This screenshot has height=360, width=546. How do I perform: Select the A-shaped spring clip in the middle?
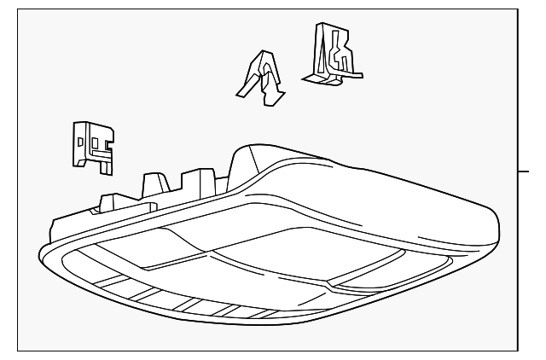[264, 78]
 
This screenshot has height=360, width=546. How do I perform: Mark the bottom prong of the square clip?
[106, 164]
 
